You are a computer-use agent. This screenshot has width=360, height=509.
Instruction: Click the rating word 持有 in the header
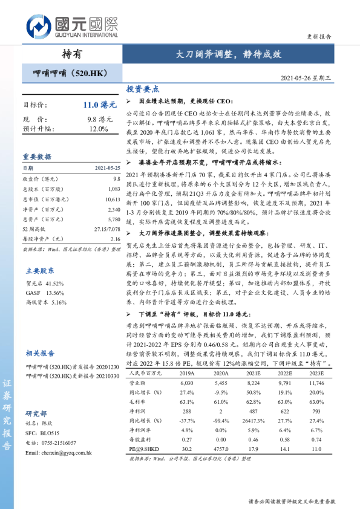[71, 54]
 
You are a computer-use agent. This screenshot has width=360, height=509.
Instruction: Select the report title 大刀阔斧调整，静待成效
[229, 54]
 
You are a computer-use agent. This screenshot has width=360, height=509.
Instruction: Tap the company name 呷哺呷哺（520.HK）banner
[67, 73]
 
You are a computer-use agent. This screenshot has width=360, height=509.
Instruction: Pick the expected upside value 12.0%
[99, 129]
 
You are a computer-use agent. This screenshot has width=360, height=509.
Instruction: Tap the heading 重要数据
[37, 156]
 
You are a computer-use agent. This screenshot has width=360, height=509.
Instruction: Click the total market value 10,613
[112, 199]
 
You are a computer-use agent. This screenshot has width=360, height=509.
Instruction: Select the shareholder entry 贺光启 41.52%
[45, 283]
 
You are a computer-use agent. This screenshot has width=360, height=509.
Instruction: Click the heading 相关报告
[40, 353]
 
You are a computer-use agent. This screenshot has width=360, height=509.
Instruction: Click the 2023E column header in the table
[316, 374]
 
